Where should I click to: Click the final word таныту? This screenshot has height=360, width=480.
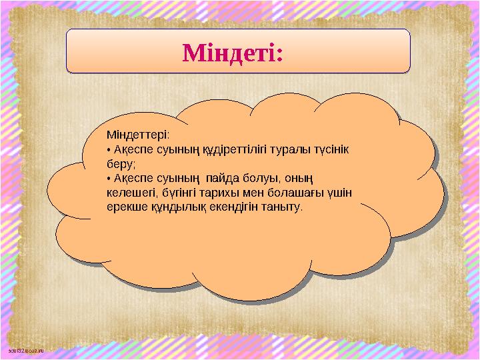(x=282, y=207)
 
